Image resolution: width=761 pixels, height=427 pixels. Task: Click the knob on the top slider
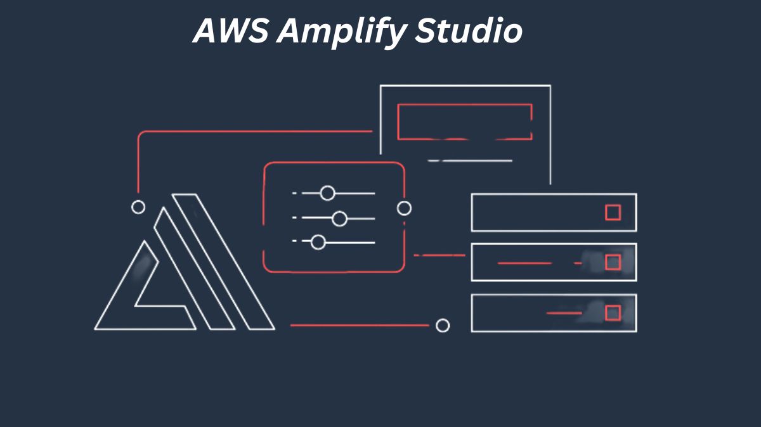click(x=327, y=193)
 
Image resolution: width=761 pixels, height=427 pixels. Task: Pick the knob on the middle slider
click(x=339, y=219)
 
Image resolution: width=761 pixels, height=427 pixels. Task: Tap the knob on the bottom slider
click(x=318, y=242)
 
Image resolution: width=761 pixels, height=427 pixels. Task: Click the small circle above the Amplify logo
click(x=138, y=207)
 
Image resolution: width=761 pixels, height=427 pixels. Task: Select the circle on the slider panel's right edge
click(x=404, y=208)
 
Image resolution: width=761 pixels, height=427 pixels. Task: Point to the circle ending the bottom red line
click(x=443, y=326)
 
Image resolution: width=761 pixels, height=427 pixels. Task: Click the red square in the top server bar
click(x=613, y=212)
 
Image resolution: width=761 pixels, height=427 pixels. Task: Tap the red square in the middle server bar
click(x=613, y=262)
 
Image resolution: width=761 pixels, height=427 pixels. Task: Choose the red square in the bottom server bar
click(x=613, y=313)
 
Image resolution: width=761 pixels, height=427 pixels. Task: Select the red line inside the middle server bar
click(x=524, y=262)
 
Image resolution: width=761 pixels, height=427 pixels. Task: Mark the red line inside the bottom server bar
click(x=564, y=313)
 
